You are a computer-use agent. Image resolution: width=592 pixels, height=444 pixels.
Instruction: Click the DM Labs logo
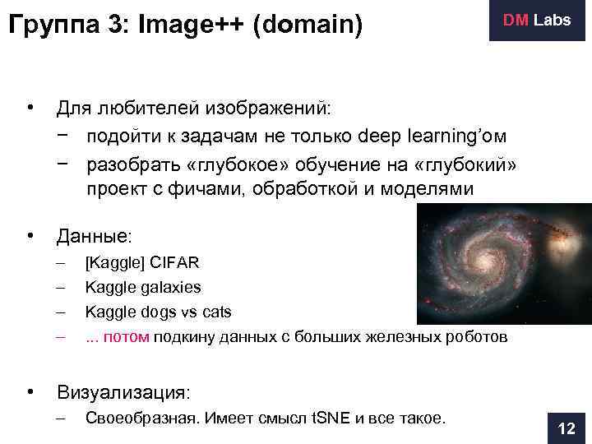(537, 21)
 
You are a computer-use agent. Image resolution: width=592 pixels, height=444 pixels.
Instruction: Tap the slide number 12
(567, 428)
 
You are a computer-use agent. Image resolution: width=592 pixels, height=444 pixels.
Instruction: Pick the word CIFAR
(173, 262)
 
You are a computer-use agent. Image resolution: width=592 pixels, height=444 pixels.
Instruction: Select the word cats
(215, 312)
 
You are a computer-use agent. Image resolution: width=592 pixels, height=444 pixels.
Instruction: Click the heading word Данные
(92, 237)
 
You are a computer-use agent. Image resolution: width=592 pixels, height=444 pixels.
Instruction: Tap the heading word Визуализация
(123, 391)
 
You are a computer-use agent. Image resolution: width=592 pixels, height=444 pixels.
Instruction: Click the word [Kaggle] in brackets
(115, 262)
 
